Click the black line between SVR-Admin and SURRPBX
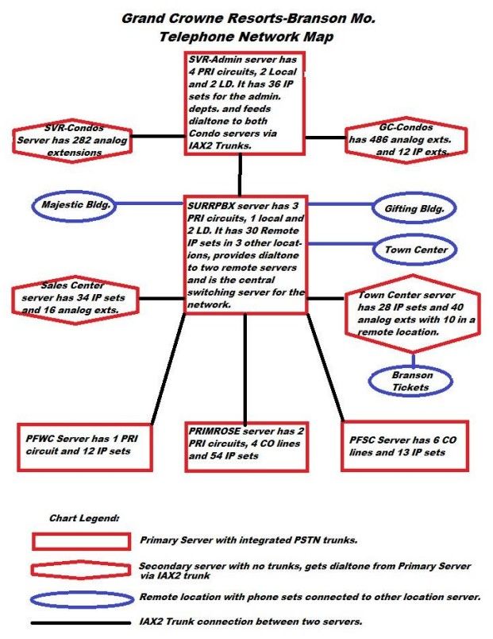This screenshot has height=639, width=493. tap(240, 175)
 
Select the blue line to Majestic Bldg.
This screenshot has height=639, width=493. tap(150, 203)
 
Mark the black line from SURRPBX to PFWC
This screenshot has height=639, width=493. tap(168, 369)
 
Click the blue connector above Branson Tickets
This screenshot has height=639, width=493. tap(413, 360)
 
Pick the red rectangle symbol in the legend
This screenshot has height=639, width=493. tap(82, 534)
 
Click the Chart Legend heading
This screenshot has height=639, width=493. tap(84, 518)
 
